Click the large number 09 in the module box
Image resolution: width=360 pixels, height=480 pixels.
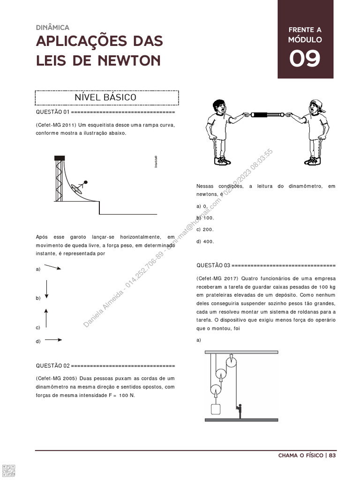coord(305,59)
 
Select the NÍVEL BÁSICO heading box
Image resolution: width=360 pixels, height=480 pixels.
coord(106,97)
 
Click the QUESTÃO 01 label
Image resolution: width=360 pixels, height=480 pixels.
coord(52,112)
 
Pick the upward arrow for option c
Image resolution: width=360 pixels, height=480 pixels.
coord(46,317)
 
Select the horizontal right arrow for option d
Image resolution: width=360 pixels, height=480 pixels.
coord(53,340)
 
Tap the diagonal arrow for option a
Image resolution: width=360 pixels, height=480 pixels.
coord(53,268)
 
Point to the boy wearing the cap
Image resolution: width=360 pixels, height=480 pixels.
coord(315,131)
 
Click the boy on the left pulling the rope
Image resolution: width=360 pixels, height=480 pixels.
coord(219,131)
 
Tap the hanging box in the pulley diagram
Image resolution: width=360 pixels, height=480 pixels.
coord(216,409)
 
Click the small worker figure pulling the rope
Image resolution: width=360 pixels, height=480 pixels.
coord(239,410)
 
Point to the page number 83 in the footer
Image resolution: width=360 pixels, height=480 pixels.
coord(332,455)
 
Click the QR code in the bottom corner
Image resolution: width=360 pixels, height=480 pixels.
coord(8,471)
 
